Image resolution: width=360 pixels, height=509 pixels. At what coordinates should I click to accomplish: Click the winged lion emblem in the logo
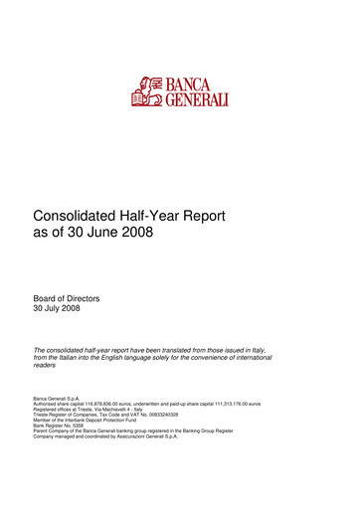(148, 89)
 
